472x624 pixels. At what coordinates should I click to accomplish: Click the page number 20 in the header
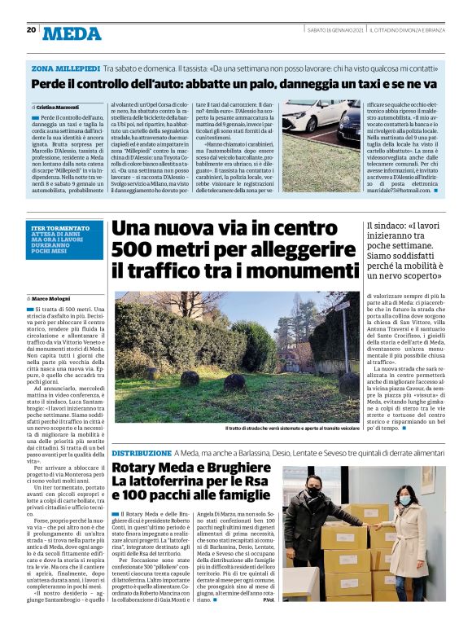coord(31,30)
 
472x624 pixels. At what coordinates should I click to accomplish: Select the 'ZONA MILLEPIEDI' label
coord(66,68)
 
